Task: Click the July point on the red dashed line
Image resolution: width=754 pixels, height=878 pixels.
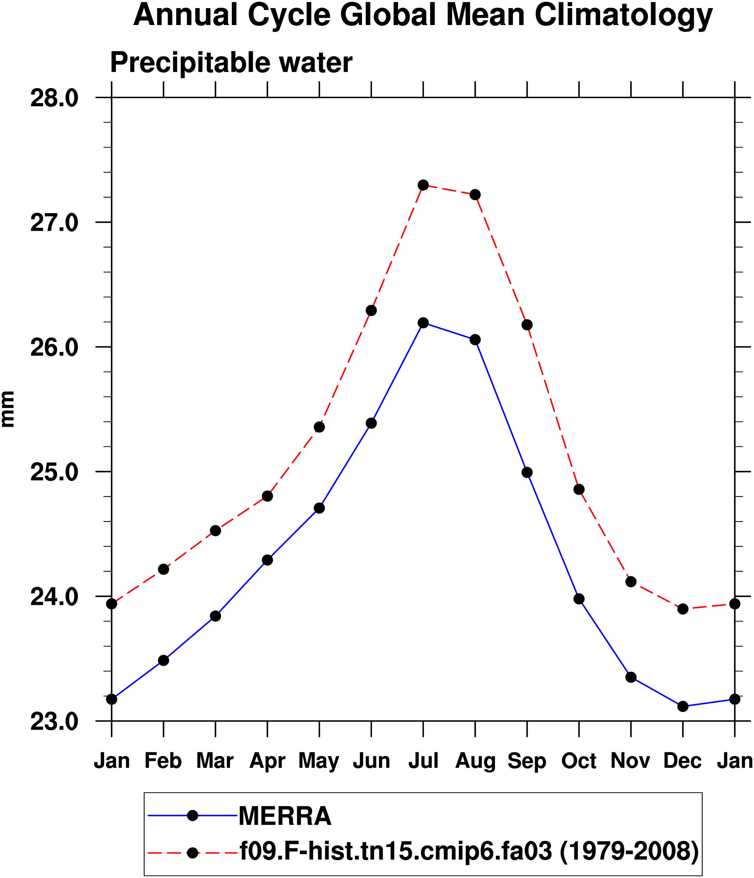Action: point(423,185)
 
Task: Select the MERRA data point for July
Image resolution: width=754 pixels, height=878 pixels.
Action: point(423,323)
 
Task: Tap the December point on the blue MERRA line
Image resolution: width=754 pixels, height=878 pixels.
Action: point(683,707)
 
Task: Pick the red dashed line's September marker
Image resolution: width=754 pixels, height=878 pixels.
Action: point(527,325)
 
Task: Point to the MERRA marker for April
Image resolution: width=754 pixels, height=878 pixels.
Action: point(267,560)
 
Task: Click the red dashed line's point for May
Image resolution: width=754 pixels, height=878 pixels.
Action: point(319,427)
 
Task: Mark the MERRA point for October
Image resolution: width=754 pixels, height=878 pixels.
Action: point(579,599)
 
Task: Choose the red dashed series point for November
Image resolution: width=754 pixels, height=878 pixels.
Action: point(631,582)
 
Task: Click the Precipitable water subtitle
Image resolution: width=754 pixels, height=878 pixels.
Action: point(231,63)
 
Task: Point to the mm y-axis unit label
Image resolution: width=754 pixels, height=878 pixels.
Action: point(8,409)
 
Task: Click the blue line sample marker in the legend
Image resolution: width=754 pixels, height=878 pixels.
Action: point(193,815)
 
